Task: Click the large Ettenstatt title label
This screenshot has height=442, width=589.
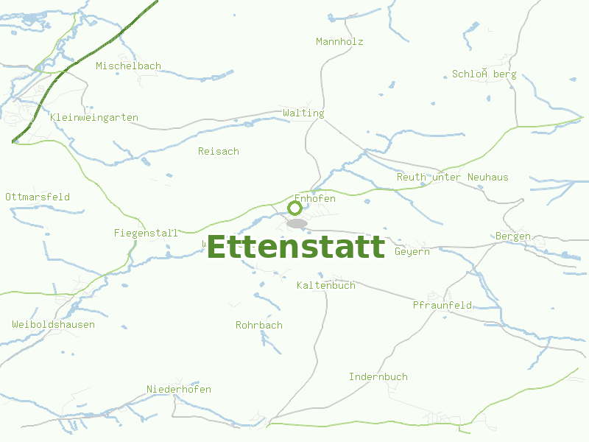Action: coord(296,247)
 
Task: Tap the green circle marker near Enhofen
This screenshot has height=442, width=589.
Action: coord(294,208)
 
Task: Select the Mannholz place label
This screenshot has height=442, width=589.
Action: coord(339,42)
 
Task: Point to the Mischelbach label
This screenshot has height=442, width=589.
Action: coord(128,66)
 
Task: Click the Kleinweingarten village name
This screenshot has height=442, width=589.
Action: coord(94,118)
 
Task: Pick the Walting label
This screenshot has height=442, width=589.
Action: coord(303,113)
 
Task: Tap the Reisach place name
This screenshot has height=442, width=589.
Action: coord(219,152)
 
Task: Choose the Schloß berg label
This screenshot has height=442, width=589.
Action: coord(484,74)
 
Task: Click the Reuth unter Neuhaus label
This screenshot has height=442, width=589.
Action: coord(452,178)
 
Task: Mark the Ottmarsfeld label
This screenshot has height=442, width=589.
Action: coord(38,197)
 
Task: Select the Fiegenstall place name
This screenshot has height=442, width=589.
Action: coord(146,234)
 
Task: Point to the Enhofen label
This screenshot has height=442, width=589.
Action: coord(315,199)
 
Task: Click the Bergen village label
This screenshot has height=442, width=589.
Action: coord(513,236)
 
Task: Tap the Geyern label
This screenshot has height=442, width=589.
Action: coord(412,252)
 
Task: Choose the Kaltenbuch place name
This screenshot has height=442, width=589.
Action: coord(326,286)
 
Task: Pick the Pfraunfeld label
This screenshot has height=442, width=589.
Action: coord(442,306)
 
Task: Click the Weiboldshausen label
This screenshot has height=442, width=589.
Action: coord(53,325)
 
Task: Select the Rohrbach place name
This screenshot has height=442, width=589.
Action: coord(259,326)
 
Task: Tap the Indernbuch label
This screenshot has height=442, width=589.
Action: coord(378,377)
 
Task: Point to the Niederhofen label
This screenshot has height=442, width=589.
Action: coord(179,390)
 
